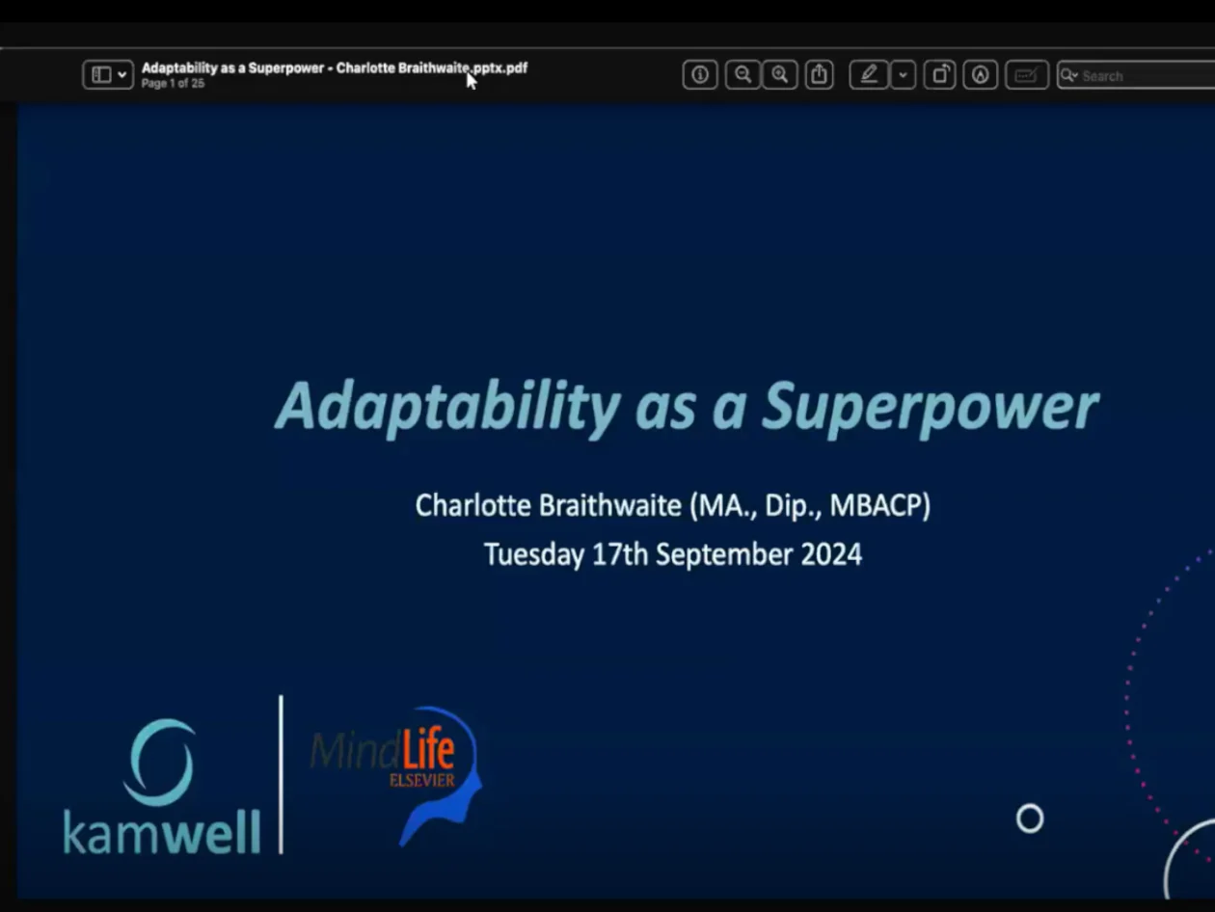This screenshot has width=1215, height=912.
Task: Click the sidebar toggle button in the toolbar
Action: tap(108, 74)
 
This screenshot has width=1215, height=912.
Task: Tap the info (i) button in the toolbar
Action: tap(700, 74)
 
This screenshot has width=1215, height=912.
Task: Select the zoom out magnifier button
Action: tap(742, 74)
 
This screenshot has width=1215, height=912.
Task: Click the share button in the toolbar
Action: tap(820, 74)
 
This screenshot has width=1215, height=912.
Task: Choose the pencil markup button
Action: tap(869, 74)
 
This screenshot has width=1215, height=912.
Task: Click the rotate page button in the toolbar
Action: tap(940, 74)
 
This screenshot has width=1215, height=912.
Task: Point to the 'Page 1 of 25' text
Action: tap(173, 84)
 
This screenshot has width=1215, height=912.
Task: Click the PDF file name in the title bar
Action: tap(335, 68)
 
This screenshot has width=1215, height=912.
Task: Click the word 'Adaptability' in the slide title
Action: tap(447, 407)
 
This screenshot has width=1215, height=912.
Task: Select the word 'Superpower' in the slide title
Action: tap(931, 408)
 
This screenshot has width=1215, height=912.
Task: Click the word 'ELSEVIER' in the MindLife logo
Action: tap(421, 780)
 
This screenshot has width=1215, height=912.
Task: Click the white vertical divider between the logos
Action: tap(282, 775)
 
